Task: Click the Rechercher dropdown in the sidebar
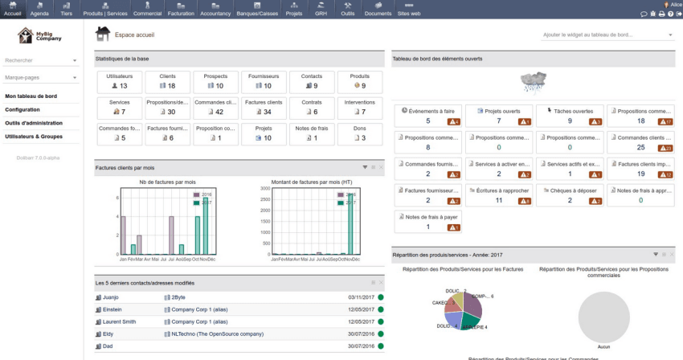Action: (x=41, y=60)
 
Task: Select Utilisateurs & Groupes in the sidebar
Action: (x=33, y=136)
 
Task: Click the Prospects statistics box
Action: (x=215, y=81)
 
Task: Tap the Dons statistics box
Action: (x=359, y=133)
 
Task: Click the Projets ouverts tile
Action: (x=498, y=116)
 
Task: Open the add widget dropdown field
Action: (x=608, y=35)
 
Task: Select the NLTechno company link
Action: (x=217, y=333)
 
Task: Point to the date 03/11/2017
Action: (x=362, y=297)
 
